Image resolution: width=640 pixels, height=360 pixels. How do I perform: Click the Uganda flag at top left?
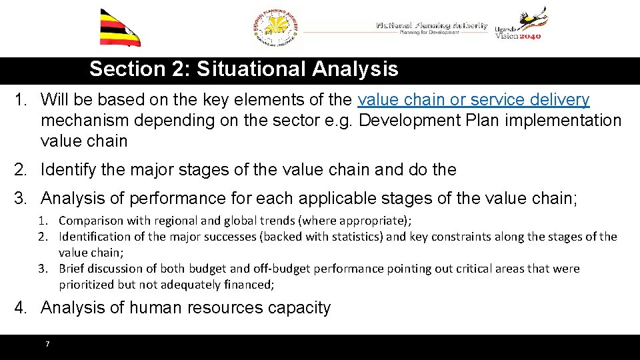pyautogui.click(x=120, y=28)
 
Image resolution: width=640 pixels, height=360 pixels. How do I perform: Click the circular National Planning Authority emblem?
pyautogui.click(x=276, y=29)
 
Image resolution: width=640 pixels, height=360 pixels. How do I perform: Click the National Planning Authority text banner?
pyautogui.click(x=431, y=28)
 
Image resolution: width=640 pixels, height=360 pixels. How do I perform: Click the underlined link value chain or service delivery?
pyautogui.click(x=473, y=100)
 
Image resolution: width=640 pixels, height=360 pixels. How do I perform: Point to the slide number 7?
pyautogui.click(x=47, y=344)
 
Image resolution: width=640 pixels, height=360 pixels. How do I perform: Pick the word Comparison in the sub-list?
pyautogui.click(x=91, y=220)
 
